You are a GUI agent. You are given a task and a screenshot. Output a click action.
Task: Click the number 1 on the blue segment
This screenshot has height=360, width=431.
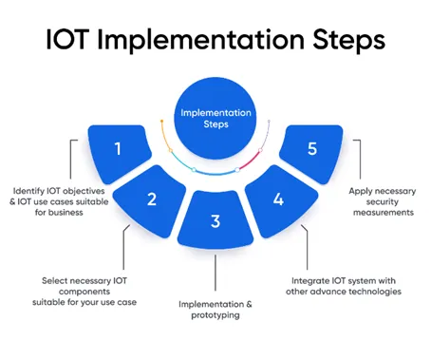point(118,148)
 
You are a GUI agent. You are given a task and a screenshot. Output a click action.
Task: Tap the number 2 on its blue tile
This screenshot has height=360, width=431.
point(152,199)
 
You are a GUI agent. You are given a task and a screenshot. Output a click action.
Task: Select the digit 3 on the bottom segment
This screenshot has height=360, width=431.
point(215,221)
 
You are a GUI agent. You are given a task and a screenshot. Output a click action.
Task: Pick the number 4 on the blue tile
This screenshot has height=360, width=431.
point(278,199)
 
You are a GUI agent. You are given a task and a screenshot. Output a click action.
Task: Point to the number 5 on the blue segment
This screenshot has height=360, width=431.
point(312,148)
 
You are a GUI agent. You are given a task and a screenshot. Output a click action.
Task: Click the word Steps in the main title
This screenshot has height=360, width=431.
point(349,41)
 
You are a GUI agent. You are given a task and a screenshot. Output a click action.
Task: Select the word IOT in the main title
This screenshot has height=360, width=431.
point(66,40)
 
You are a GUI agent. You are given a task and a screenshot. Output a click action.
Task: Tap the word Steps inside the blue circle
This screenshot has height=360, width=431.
point(215,124)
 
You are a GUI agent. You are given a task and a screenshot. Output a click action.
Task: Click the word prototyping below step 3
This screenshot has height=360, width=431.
point(215,315)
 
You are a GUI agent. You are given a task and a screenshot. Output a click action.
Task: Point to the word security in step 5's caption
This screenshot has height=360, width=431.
point(383,202)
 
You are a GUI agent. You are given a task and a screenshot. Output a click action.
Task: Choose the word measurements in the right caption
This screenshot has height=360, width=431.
point(384,213)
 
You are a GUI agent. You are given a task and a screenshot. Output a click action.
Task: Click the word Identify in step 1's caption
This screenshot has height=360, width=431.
point(28,191)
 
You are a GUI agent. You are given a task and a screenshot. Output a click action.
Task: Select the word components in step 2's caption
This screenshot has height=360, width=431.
point(84,292)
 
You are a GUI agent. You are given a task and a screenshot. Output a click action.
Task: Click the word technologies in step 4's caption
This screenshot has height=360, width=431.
point(374,292)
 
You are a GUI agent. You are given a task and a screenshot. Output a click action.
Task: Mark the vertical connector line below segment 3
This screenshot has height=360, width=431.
point(215,273)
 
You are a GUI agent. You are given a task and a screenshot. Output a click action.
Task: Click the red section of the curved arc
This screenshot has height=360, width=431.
point(250,161)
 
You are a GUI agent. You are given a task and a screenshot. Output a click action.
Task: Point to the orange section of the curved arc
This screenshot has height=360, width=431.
point(164,136)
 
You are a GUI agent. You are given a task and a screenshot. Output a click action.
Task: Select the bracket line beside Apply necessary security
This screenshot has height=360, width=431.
point(360,159)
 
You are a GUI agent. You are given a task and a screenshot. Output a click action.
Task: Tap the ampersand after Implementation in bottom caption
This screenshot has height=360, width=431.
point(250,304)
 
